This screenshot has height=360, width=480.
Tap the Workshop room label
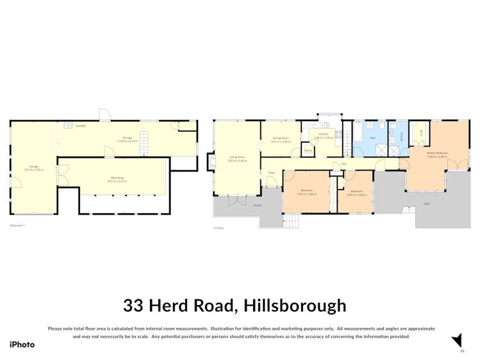pos(116,177)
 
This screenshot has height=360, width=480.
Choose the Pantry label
pos(307,151)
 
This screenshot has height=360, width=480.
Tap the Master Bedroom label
pos(437,152)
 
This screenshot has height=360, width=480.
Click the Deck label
pos(426,204)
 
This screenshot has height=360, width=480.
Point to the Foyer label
pos(272,172)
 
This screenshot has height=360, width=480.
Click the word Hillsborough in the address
pos(292,306)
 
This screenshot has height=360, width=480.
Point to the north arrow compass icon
pos(457,341)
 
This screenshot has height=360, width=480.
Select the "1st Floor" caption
pos(219,227)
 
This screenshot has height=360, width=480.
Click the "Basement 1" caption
pos(17,225)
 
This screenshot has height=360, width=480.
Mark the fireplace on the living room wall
pos(211,160)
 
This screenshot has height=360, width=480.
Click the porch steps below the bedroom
pos(291,221)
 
